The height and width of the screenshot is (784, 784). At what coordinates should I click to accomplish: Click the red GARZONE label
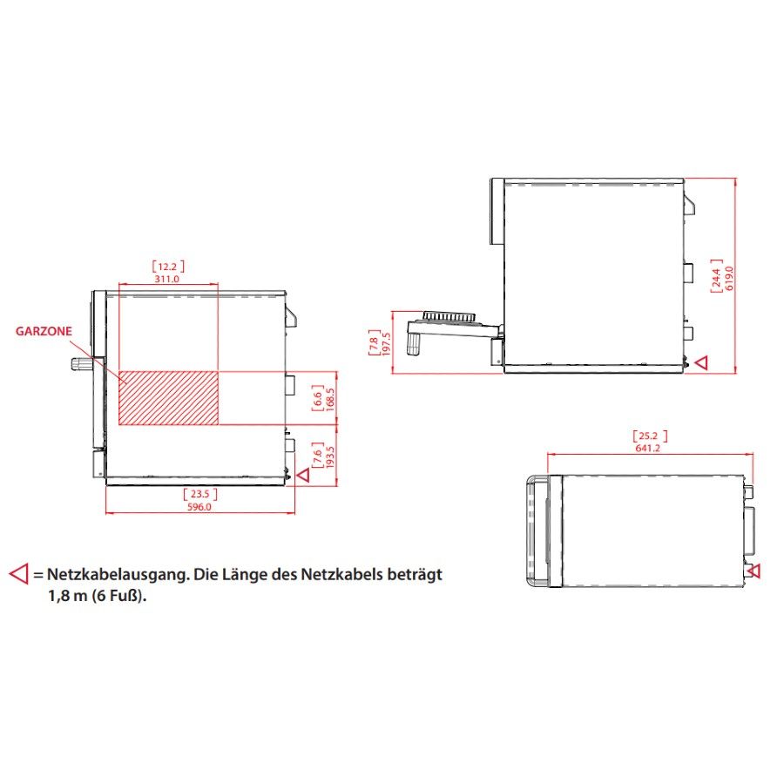pos(44,331)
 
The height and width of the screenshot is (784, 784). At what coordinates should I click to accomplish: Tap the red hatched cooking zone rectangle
pos(168,398)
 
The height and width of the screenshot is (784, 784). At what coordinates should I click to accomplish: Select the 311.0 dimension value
pos(166,279)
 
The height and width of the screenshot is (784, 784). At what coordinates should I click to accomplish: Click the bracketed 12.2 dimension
pos(168,267)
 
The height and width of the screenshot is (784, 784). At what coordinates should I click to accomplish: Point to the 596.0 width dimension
pos(199,506)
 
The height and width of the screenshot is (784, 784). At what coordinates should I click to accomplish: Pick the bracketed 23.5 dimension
pos(200,494)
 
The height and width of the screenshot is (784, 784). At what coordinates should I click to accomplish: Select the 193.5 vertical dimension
pos(330,456)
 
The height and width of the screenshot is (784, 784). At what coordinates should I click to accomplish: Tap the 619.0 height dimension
pos(729,278)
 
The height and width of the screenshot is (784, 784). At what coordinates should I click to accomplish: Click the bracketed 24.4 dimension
pos(717,276)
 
